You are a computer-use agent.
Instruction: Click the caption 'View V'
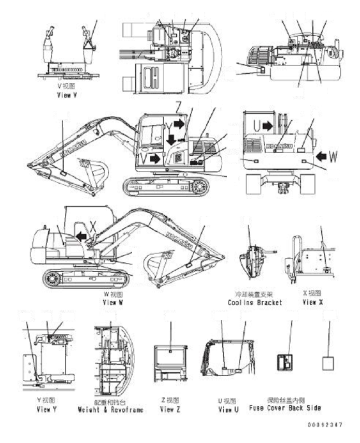[67, 96]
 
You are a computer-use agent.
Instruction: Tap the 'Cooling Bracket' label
[255, 302]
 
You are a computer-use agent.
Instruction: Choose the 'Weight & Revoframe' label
[110, 409]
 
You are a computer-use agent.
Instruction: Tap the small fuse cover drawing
[284, 362]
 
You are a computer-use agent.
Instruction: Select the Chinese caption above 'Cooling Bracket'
[254, 293]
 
